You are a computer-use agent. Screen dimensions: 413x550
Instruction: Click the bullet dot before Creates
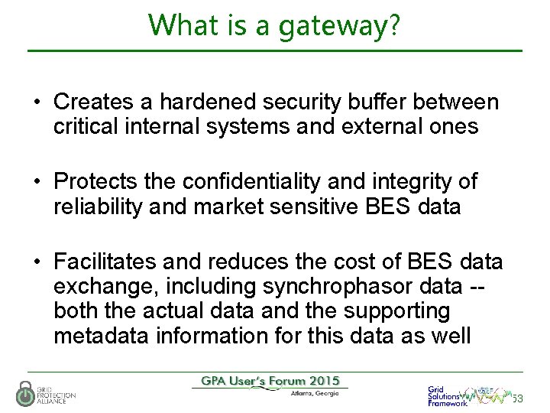coord(37,102)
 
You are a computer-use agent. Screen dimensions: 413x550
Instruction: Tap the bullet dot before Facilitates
coord(37,263)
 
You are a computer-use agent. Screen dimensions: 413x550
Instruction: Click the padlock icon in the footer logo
coord(25,393)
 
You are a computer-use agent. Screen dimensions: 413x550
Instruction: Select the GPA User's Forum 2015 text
coord(271,381)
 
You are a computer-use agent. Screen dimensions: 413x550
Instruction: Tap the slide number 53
coord(517,398)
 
